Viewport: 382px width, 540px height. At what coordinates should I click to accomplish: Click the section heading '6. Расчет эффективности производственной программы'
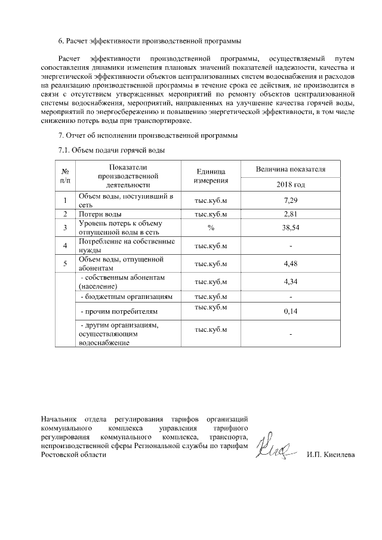(x=150, y=41)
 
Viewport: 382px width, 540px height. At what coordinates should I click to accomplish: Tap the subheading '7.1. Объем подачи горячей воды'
(x=110, y=150)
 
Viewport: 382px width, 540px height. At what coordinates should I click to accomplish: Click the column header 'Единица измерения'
(x=211, y=176)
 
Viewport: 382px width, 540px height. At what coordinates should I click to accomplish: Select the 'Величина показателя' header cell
(x=290, y=169)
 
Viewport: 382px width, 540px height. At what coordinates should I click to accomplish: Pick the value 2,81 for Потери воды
(x=290, y=214)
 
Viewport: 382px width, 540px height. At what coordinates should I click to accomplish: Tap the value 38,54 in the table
(x=290, y=227)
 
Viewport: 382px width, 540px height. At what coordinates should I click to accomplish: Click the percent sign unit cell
(x=211, y=227)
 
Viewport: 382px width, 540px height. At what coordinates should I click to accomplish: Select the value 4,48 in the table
(x=290, y=264)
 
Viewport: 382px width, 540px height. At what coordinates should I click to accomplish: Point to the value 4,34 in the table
(x=290, y=282)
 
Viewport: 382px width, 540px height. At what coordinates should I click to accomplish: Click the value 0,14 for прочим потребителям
(x=290, y=311)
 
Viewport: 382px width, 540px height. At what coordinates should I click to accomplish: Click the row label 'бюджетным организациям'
(x=127, y=297)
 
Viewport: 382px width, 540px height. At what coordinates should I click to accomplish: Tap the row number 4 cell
(x=64, y=246)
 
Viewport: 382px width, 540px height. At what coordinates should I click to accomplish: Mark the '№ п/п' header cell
(x=64, y=176)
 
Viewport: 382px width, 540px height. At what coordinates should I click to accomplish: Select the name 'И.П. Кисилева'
(x=330, y=455)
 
